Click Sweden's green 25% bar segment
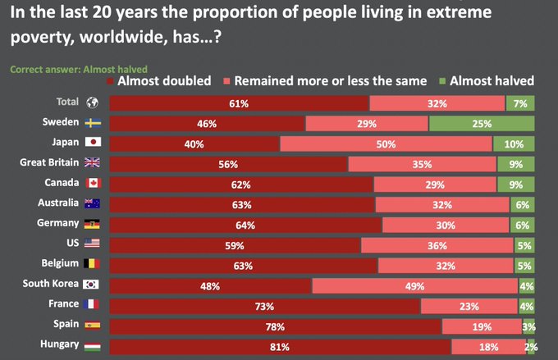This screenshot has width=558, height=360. pos(481,123)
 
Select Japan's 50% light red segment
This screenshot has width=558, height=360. pos(386,144)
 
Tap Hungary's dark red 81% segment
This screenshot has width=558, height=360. pos(279,347)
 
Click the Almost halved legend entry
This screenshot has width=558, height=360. pos(491,80)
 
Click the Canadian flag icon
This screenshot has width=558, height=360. pos(93,182)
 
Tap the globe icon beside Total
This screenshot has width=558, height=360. pos(93,103)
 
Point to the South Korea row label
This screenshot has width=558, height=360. pos(51,284)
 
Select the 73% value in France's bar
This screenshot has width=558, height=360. pos(264,306)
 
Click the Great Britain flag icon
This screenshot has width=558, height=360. pos(93,162)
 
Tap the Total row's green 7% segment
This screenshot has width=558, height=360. pos(519,103)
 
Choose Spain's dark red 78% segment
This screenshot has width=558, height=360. pos(275,326)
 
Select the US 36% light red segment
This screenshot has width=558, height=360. pos(437,245)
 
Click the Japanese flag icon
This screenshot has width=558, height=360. pos(93,143)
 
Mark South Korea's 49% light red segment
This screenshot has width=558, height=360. pos(414,285)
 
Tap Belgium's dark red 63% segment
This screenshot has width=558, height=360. pos(243,266)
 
